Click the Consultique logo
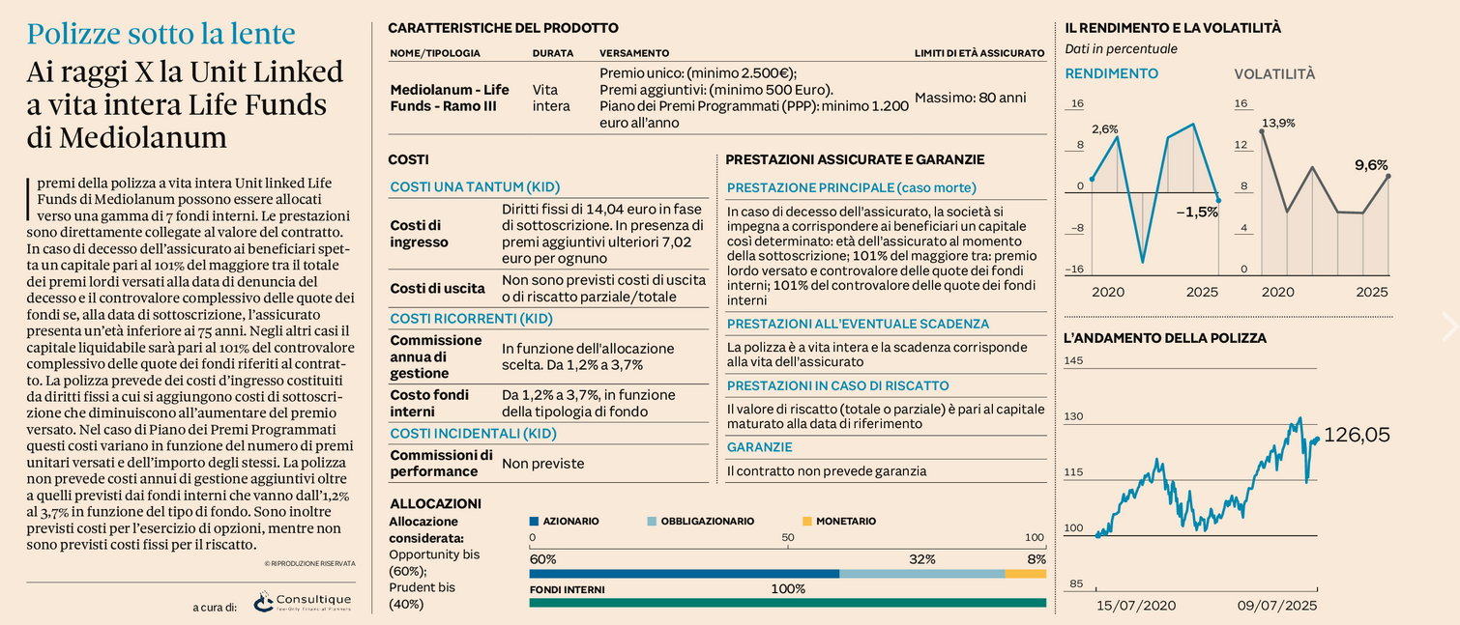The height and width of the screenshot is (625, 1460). [303, 602]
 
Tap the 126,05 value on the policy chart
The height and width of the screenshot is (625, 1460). [1357, 435]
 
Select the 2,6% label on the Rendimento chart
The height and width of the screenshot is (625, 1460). [1105, 128]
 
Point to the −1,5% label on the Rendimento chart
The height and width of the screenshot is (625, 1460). [1197, 212]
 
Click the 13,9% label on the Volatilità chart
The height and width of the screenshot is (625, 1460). [1278, 123]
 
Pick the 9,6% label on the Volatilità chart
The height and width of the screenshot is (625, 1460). [1371, 165]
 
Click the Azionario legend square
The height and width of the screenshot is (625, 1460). [534, 521]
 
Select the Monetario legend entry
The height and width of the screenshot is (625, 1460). [839, 521]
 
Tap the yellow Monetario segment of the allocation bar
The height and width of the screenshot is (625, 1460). [1025, 574]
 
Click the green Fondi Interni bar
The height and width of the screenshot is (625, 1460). [787, 603]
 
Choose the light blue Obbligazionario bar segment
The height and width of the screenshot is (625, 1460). [922, 574]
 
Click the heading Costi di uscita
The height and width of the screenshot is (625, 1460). [437, 289]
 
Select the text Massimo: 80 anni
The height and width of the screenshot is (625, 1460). [970, 98]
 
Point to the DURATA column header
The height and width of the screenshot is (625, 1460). [553, 53]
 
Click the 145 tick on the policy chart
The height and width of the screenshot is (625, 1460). [1073, 360]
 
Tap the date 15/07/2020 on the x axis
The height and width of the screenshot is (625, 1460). [1136, 606]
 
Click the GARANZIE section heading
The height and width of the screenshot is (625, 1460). [759, 447]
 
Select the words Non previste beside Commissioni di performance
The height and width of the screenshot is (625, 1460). [543, 464]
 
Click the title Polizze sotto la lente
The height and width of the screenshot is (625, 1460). [161, 34]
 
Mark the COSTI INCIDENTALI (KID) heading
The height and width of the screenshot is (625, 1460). [473, 434]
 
